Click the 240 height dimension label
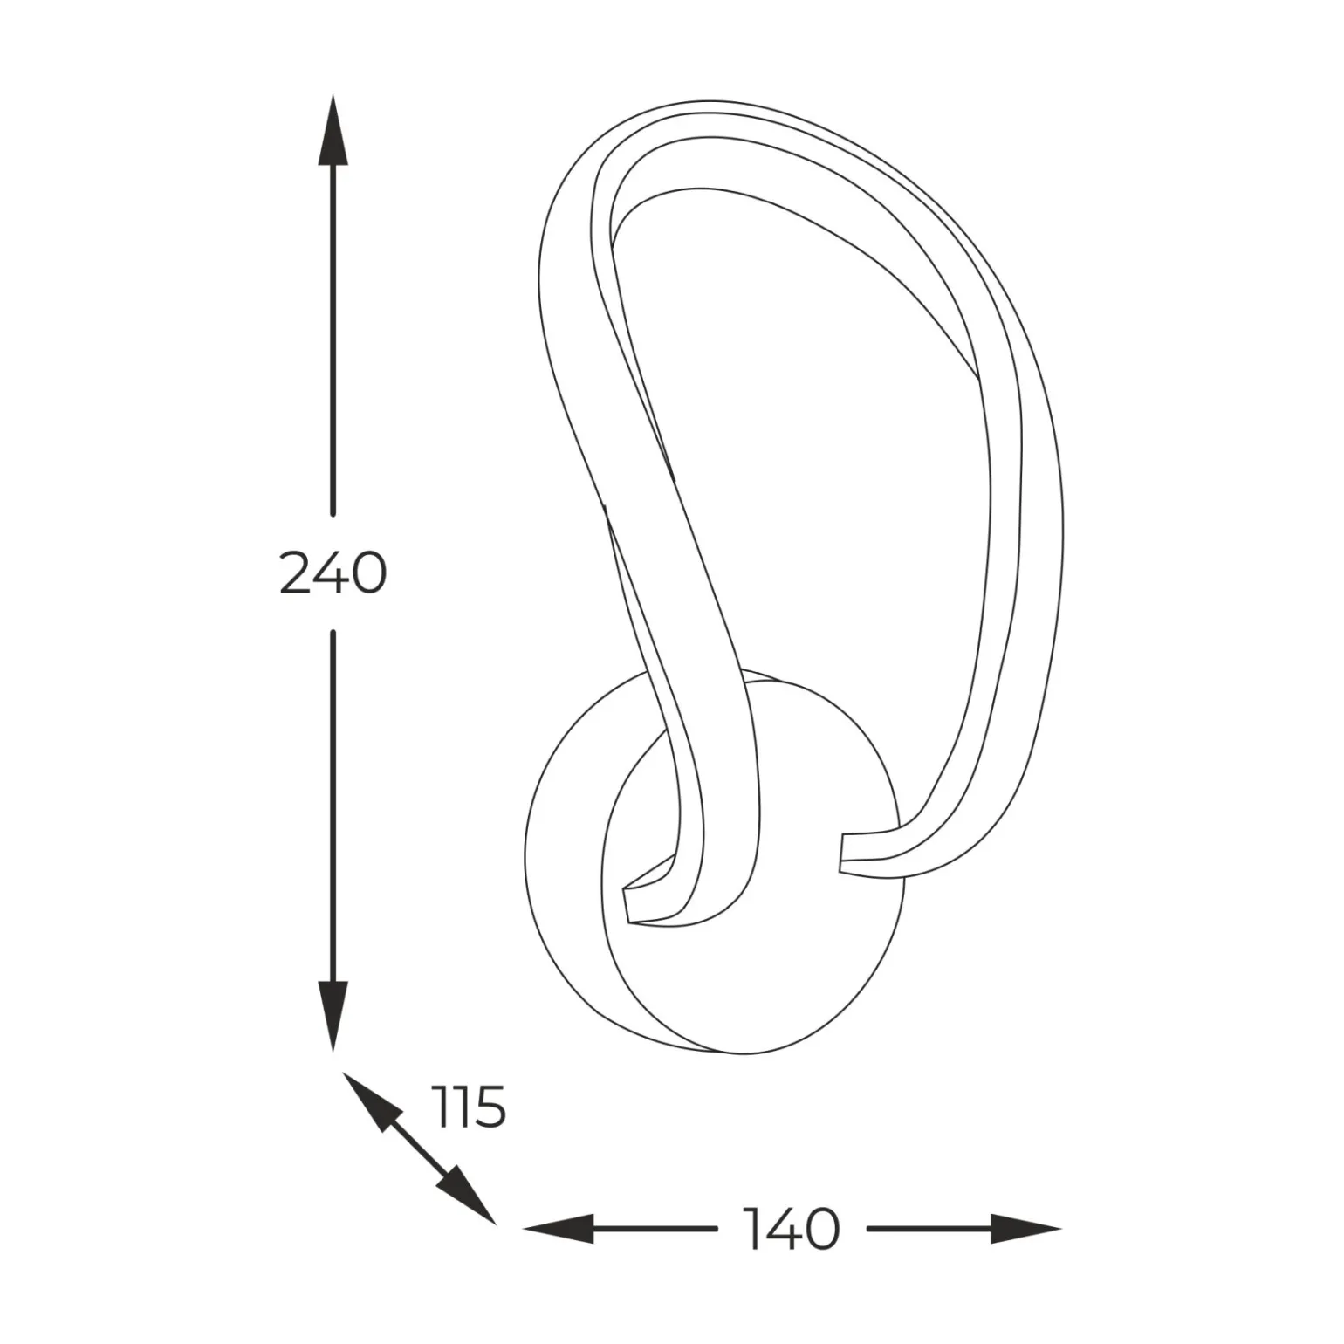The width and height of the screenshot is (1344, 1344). [x=333, y=573]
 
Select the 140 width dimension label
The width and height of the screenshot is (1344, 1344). [x=792, y=1228]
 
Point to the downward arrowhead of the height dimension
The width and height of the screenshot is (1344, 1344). [x=333, y=1016]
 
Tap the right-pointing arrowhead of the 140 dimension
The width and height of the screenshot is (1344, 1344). [x=1026, y=1229]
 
